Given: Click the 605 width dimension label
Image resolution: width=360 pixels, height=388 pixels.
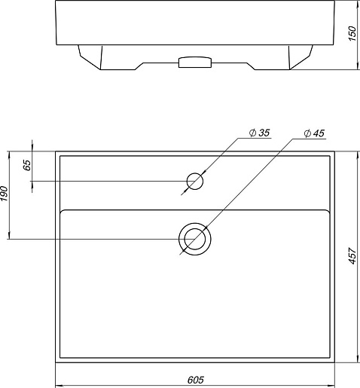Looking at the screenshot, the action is pyautogui.click(x=196, y=380).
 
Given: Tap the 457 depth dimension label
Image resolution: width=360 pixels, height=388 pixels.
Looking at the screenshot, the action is pyautogui.click(x=352, y=256).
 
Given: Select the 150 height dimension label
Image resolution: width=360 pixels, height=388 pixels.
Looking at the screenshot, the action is pyautogui.click(x=352, y=33).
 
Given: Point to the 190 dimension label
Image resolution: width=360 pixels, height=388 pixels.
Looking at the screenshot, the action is pyautogui.click(x=5, y=194).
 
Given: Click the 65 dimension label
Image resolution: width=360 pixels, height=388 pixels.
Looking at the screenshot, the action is pyautogui.click(x=27, y=165).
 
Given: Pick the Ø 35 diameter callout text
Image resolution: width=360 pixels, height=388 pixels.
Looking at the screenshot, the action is pyautogui.click(x=259, y=133).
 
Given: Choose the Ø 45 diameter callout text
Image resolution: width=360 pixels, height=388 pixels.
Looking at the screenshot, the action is pyautogui.click(x=314, y=133).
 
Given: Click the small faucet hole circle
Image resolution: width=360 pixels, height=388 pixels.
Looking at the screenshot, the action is pyautogui.click(x=195, y=181).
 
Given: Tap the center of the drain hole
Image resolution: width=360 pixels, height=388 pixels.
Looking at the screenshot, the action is pyautogui.click(x=195, y=239).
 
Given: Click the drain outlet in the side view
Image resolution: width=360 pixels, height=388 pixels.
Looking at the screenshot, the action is pyautogui.click(x=195, y=62).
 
